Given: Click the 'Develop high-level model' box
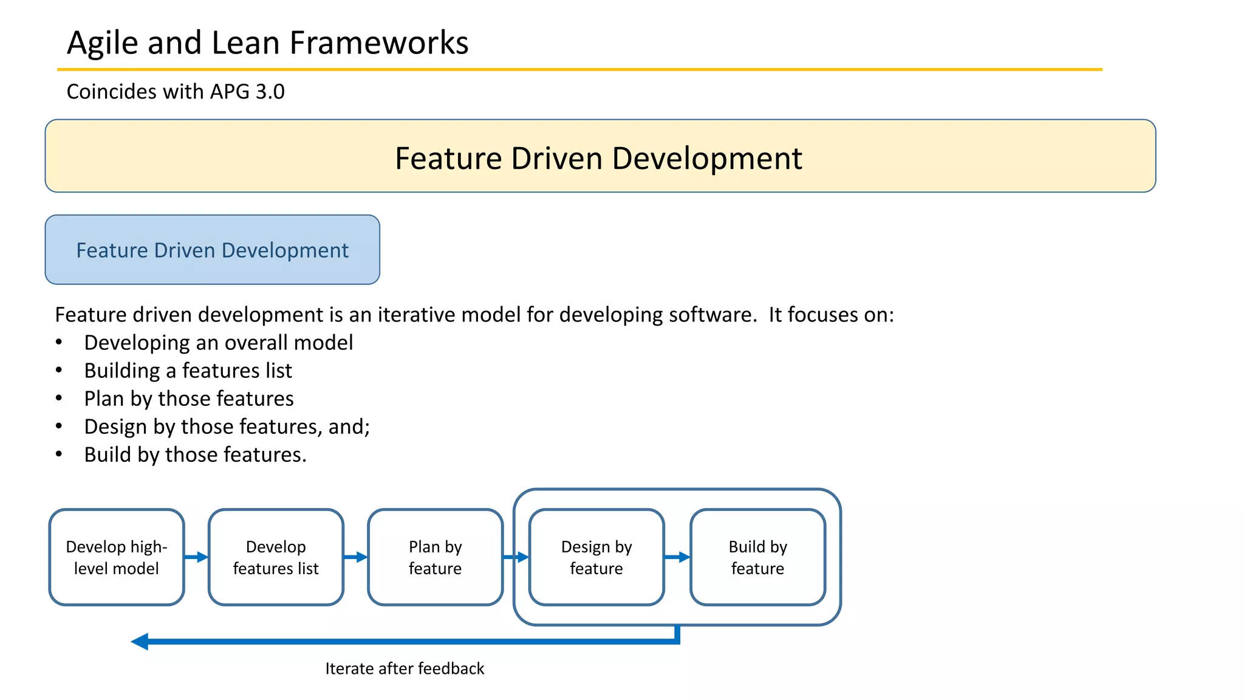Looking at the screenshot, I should coord(116,557).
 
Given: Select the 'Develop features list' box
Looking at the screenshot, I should coord(276,557).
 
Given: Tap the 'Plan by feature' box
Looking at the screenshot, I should coord(435,557).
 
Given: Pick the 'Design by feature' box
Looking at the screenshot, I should coord(596,557).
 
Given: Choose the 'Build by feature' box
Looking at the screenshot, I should coord(757,557).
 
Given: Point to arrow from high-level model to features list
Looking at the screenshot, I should coord(196,557).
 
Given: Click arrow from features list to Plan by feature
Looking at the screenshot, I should coord(355,557).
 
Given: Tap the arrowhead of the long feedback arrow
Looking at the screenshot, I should coord(140,641).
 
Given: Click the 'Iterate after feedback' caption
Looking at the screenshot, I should coord(405,668).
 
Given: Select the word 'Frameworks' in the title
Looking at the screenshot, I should coord(378,43).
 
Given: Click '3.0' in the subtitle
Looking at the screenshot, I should coord(270,92).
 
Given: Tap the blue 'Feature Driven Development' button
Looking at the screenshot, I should coord(212,250).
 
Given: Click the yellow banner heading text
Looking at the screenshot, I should coord(598,158).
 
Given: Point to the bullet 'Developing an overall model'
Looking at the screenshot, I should coord(218,343).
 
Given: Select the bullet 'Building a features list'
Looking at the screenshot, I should coord(188,371).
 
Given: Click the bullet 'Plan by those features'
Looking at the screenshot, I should coord(188,399).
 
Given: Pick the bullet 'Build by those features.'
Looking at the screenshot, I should coord(195,455).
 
